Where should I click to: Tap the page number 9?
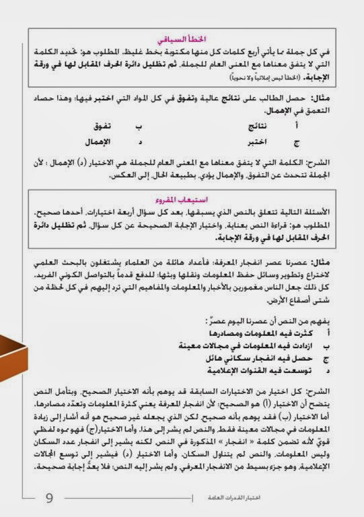(49, 498)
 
